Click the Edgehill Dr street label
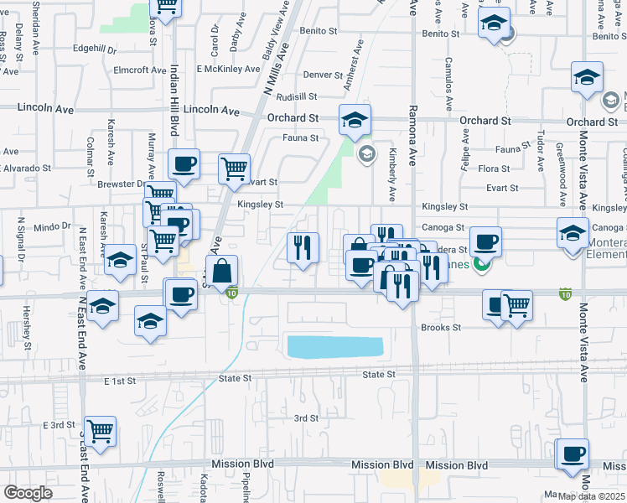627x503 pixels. [x=95, y=49]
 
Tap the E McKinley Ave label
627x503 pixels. [x=228, y=69]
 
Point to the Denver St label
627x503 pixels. [x=323, y=75]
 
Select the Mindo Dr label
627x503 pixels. [x=53, y=227]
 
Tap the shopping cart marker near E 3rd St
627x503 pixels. [x=100, y=431]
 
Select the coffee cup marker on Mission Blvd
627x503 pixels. [x=573, y=454]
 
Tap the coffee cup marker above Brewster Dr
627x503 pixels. [x=184, y=163]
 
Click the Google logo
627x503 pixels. [x=28, y=492]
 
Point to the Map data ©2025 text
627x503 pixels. [x=591, y=496]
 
